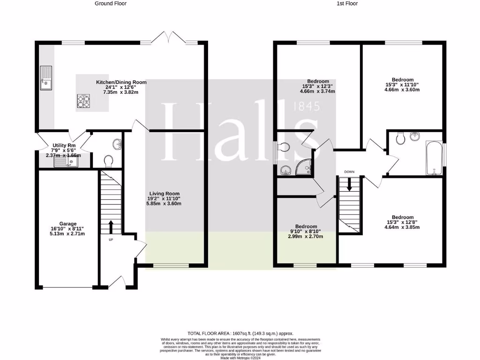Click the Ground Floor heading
coord(111,3)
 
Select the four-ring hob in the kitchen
coord(83,100)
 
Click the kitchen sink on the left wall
coord(46,78)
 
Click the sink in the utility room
coord(65,162)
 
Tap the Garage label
coord(68,224)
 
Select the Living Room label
coord(164,194)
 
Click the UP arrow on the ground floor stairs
coord(111,228)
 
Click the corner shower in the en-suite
coord(305,166)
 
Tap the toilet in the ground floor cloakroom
coord(109,161)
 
